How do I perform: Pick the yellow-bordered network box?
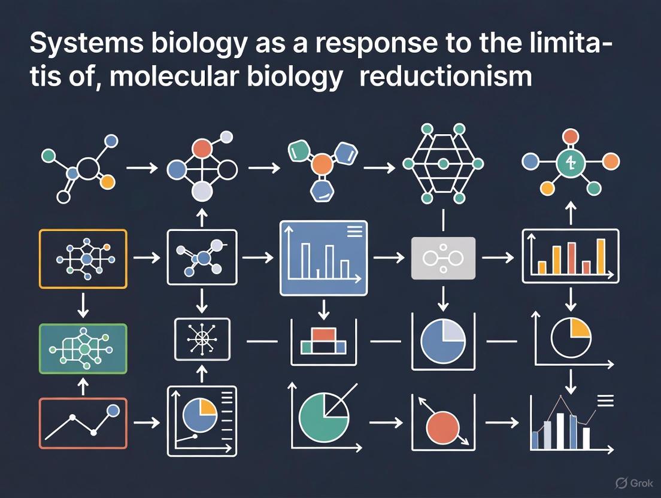[x=83, y=259]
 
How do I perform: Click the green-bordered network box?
[x=83, y=349]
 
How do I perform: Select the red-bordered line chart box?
[x=83, y=423]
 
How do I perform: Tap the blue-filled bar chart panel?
[x=323, y=258]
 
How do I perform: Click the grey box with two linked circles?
[x=443, y=258]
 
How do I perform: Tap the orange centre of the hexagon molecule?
[x=323, y=163]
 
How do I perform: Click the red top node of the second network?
[x=203, y=147]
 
